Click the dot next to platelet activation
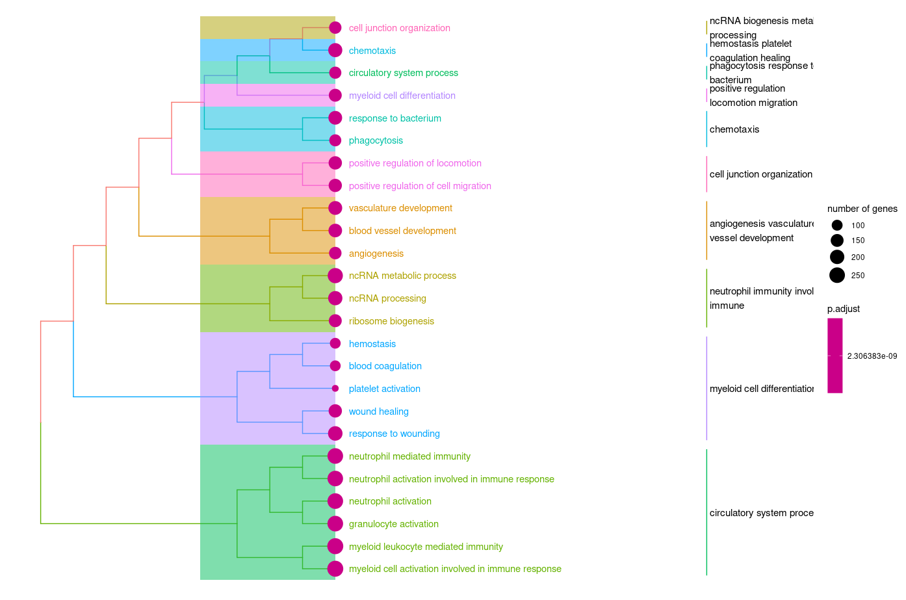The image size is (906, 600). pos(335,389)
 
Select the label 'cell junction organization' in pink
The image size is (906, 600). pos(399,28)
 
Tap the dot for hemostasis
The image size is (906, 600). pos(335,343)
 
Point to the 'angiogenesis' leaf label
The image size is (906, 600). pos(376,254)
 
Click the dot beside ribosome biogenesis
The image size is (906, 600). pos(335,320)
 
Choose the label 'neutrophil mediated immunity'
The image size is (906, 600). pos(409,456)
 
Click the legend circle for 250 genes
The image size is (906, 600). pos(836,276)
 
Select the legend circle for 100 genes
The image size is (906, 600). pos(836,226)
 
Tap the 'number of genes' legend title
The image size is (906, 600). pos(862,209)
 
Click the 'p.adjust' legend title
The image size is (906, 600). pos(843,309)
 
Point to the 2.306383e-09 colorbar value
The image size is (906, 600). pos(872,356)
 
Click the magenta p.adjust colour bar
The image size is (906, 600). pos(835,356)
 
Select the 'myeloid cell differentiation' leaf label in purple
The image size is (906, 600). pos(402,96)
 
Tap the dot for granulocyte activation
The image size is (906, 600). pos(335,523)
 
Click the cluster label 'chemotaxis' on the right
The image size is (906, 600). pos(734,129)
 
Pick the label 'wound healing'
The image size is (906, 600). pos(378,411)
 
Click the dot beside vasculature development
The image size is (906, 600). pos(335,208)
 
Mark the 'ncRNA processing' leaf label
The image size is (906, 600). pos(387,298)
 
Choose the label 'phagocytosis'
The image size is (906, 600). pos(376,140)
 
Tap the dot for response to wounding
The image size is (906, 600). pos(335,434)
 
